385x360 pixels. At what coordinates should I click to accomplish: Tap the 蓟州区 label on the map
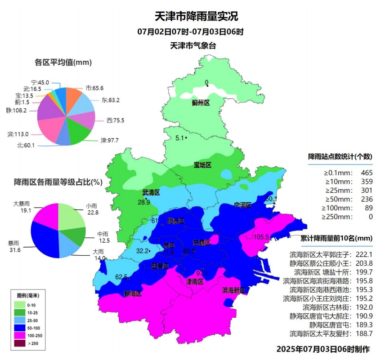tap(201, 103)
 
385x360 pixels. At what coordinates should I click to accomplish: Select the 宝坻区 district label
tap(202, 165)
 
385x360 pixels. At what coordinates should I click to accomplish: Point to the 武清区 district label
tap(151, 192)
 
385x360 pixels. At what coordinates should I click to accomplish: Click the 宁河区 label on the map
tap(243, 205)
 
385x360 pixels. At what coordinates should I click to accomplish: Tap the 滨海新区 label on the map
tap(233, 291)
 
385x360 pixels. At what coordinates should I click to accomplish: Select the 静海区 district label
tap(133, 293)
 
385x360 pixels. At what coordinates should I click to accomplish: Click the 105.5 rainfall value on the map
tap(261, 237)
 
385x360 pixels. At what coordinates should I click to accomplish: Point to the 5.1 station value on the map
tap(179, 138)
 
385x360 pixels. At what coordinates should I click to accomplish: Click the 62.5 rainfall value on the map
tap(121, 276)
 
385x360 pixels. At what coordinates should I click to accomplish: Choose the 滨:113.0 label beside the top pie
tap(18, 134)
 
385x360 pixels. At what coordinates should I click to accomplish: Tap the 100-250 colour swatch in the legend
tap(20, 335)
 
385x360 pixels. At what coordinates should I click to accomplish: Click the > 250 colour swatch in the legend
tap(20, 343)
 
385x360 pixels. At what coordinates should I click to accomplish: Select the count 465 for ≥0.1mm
tap(367, 172)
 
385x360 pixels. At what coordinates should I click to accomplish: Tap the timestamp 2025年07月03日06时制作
tap(322, 349)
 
